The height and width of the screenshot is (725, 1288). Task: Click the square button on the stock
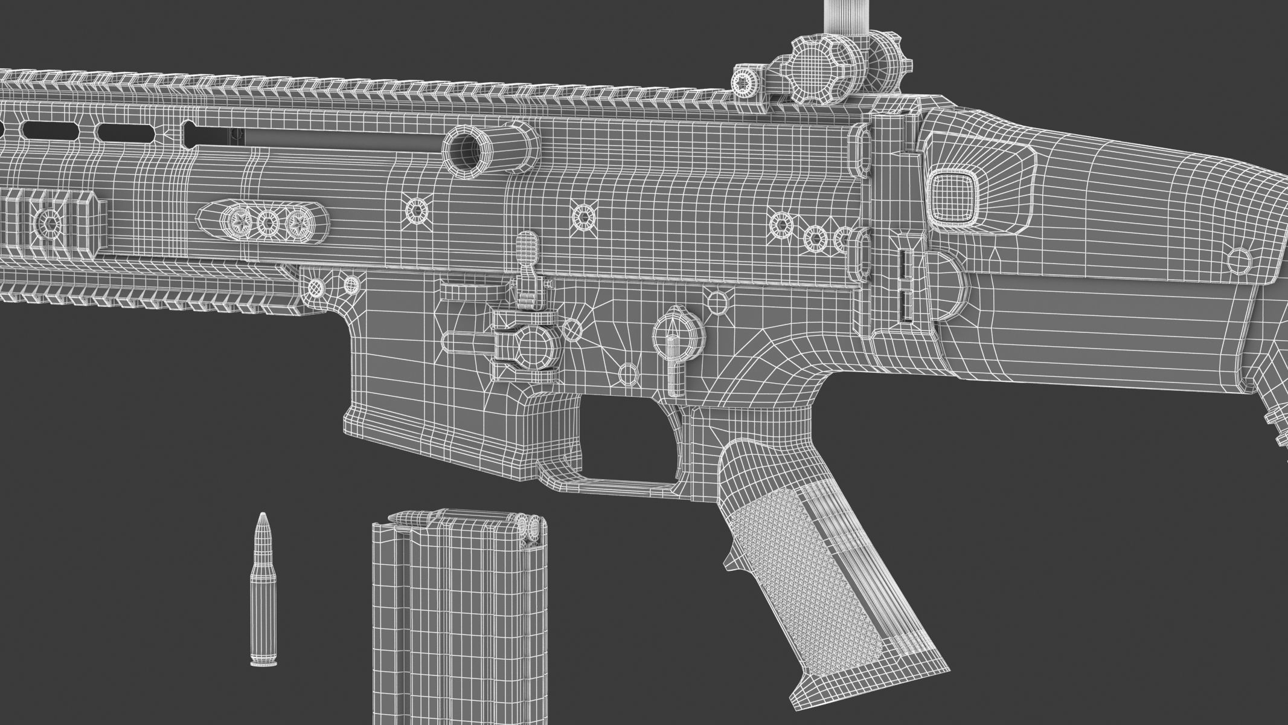950,194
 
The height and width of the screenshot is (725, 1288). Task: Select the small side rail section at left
51,222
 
